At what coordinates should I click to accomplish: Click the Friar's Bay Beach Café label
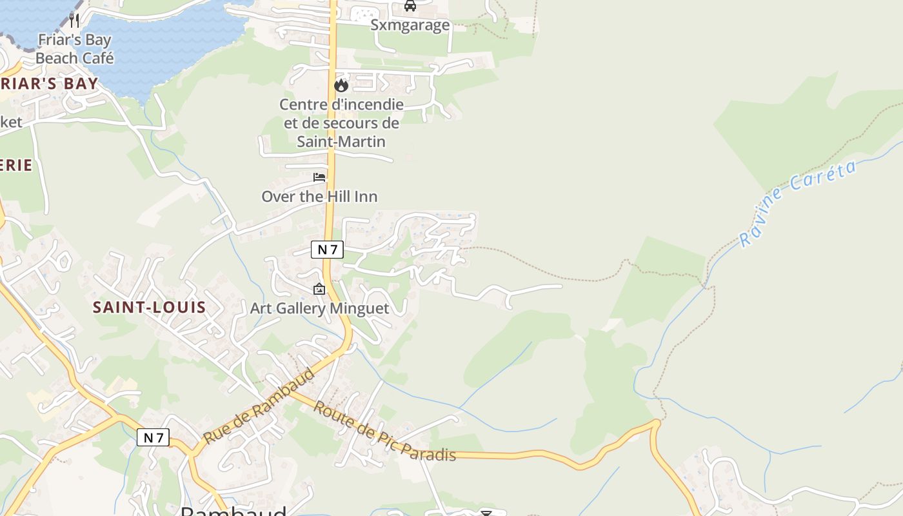[74, 49]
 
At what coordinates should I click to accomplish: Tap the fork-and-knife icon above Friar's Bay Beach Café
[74, 20]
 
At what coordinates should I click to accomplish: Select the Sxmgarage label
[410, 25]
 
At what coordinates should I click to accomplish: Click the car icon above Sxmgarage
[410, 6]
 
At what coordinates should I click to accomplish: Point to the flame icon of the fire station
[341, 85]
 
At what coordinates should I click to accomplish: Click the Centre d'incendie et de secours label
[341, 123]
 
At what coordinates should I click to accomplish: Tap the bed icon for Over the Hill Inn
[319, 177]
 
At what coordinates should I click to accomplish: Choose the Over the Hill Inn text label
[319, 196]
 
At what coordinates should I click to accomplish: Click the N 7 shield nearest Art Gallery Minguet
[327, 250]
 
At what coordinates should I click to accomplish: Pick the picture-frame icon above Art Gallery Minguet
[319, 289]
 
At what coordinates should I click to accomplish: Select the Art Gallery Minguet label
[319, 308]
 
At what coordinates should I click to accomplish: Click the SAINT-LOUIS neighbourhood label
[149, 308]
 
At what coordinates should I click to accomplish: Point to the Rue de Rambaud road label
[261, 406]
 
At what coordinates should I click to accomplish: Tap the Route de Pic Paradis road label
[385, 432]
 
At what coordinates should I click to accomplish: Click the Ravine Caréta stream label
[798, 203]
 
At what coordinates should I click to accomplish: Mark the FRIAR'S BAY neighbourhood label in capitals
[49, 84]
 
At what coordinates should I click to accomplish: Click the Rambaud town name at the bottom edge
[233, 511]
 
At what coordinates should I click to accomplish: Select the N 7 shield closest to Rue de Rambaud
[153, 438]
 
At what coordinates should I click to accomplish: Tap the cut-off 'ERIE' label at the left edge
[15, 165]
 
